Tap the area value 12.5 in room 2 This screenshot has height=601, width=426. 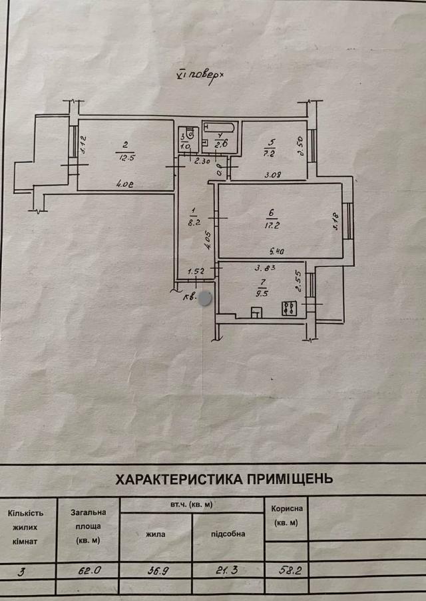point(125,158)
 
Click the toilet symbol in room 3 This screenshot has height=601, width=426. point(189,131)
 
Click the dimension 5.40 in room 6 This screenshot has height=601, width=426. point(278,252)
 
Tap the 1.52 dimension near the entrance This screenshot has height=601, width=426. point(196,272)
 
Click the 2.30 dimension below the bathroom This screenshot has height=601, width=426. point(202,160)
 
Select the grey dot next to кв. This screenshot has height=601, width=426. point(206,298)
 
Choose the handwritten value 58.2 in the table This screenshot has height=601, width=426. point(288,570)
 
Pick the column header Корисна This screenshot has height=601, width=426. point(288,508)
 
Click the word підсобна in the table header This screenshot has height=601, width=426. point(228,534)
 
